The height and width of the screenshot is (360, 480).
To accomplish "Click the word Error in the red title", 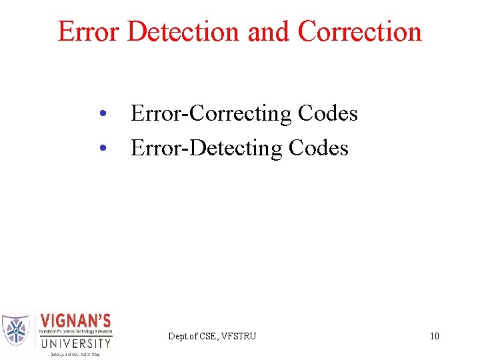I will (88, 31).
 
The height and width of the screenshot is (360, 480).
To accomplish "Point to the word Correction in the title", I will (360, 31).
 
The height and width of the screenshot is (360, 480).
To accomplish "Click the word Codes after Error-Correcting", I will (328, 114).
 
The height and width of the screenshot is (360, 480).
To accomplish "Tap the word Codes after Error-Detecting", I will (319, 148).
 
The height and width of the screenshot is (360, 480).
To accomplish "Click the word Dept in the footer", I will (178, 336).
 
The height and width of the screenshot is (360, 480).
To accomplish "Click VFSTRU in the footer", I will (239, 336).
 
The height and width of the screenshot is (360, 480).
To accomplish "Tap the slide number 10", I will (434, 336).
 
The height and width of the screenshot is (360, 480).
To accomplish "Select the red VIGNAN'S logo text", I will (76, 321).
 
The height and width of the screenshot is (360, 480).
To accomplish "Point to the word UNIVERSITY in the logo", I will (76, 343).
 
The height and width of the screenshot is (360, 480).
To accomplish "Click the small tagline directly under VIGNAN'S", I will (76, 332).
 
